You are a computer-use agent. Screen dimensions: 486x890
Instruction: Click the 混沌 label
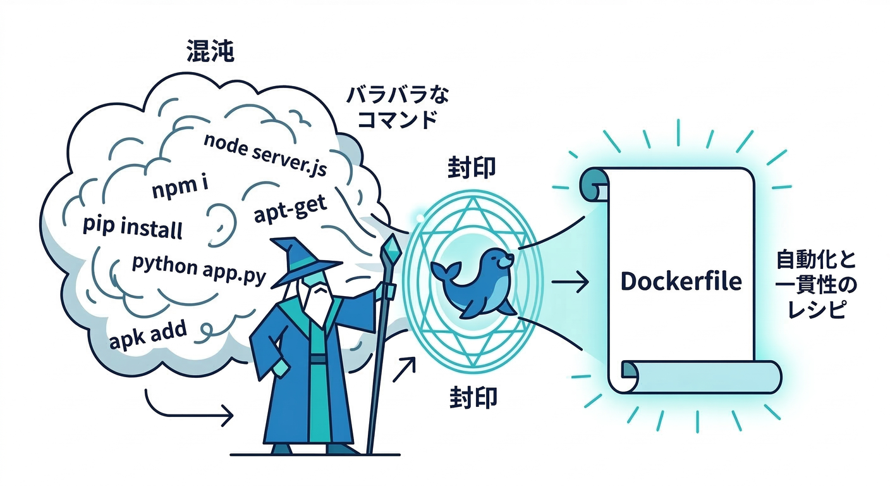click(210, 53)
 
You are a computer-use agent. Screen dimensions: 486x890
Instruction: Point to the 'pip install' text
click(132, 227)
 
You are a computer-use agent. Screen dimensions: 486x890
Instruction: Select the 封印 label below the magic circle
click(473, 398)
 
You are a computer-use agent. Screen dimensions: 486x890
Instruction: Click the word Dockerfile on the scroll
click(681, 281)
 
